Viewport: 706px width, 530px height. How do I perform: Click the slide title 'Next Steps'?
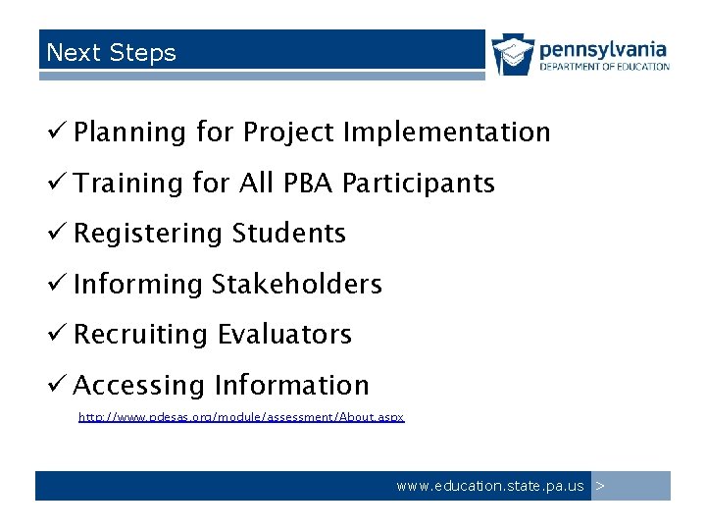[111, 53]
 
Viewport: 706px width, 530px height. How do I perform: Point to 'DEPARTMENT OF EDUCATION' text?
[605, 67]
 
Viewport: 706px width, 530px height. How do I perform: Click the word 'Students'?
[289, 234]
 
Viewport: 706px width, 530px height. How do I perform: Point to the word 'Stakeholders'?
[297, 285]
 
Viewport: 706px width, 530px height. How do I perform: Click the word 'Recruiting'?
[140, 335]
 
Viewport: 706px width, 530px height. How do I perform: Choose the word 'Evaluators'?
[284, 335]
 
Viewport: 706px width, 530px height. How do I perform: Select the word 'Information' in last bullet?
[291, 386]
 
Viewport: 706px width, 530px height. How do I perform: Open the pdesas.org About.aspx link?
[241, 417]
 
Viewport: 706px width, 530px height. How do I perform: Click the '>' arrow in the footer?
[601, 486]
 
